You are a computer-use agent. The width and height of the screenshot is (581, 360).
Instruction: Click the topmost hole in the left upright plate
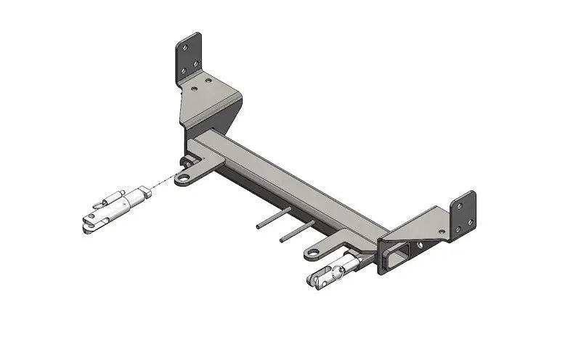[185, 46]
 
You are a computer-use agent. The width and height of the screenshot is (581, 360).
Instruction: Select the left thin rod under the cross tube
[273, 218]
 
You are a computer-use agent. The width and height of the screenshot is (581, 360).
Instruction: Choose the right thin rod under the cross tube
[295, 230]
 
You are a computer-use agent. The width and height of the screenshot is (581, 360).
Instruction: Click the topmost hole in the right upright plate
[459, 205]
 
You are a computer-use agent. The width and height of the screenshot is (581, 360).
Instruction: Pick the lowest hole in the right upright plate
[458, 232]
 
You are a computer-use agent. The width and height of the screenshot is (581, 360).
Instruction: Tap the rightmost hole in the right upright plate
[471, 220]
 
